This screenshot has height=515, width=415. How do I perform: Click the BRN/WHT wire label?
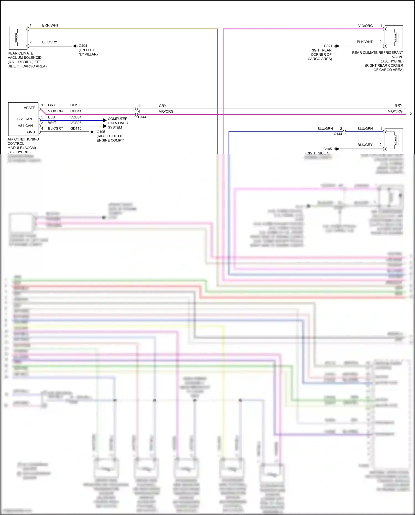click(x=50, y=25)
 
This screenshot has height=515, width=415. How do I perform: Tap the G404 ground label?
click(x=83, y=46)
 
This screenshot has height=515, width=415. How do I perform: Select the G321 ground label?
click(x=328, y=46)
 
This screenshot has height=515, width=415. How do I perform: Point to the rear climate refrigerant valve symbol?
click(x=394, y=37)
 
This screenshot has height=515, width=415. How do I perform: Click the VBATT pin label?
click(x=29, y=108)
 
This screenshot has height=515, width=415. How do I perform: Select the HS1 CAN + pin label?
click(x=26, y=119)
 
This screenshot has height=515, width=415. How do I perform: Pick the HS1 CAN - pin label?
click(x=26, y=126)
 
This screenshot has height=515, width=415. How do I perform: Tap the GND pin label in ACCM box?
click(x=31, y=132)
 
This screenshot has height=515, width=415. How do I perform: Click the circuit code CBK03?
click(x=76, y=105)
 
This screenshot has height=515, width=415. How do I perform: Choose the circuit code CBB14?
click(x=76, y=111)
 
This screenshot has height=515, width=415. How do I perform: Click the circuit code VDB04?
click(x=76, y=117)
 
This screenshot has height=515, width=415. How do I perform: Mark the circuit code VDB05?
click(x=76, y=123)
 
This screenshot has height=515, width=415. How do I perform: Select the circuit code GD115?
click(x=76, y=129)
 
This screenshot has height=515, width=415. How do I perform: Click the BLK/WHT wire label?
click(x=365, y=42)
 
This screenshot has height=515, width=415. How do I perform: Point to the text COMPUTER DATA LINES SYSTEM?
click(x=118, y=123)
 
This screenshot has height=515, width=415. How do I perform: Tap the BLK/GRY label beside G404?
click(x=50, y=42)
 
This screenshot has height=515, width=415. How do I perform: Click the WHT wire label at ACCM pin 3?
click(x=52, y=123)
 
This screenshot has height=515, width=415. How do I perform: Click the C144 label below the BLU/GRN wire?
click(x=338, y=134)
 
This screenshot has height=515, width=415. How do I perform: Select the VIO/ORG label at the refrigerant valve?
click(x=365, y=26)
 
